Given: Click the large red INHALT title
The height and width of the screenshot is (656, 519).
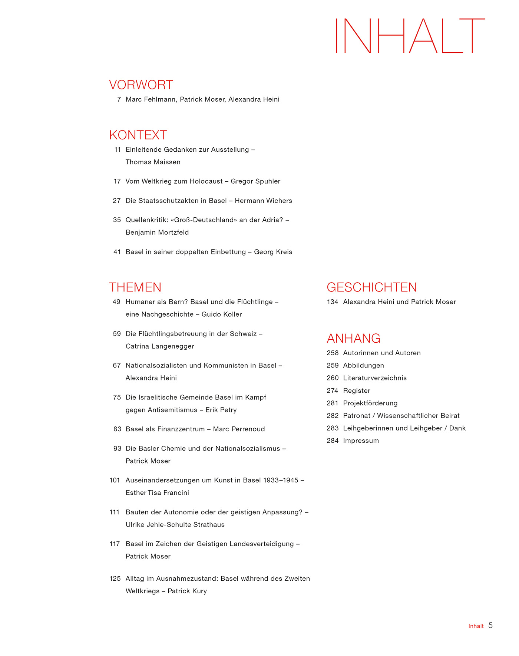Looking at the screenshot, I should (x=410, y=36).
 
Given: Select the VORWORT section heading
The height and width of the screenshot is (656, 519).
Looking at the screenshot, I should (x=141, y=85).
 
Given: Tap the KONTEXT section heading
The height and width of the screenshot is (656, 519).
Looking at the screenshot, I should (x=138, y=135).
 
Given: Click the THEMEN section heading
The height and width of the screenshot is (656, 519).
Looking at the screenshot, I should (x=135, y=287).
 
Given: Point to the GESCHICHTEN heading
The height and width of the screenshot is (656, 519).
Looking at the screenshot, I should (x=371, y=287).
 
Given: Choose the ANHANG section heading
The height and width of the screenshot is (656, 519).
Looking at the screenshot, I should (x=353, y=338).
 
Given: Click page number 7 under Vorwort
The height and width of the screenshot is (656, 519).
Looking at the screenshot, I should (x=119, y=99).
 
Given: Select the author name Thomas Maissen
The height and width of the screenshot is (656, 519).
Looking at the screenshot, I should (x=153, y=162).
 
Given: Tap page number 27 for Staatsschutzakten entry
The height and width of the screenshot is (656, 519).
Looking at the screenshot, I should (x=117, y=201).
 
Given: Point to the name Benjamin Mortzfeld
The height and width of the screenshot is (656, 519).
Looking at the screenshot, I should (x=157, y=233).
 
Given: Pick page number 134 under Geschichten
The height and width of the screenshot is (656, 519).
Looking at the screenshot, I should (x=333, y=302).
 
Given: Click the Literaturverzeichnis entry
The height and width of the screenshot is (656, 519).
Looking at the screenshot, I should (x=375, y=378).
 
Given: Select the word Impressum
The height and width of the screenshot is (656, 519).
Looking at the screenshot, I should (x=361, y=441).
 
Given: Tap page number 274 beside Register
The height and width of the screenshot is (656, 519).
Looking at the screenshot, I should (x=333, y=390).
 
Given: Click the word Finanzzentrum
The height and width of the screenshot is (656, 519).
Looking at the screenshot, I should (x=181, y=429).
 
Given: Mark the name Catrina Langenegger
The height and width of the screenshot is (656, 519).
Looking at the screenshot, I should (x=160, y=346).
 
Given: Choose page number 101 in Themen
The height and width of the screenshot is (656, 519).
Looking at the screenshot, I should (x=115, y=480).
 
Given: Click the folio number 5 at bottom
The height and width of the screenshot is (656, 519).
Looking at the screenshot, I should (x=490, y=626).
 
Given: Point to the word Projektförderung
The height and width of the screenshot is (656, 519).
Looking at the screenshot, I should (x=370, y=403).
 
